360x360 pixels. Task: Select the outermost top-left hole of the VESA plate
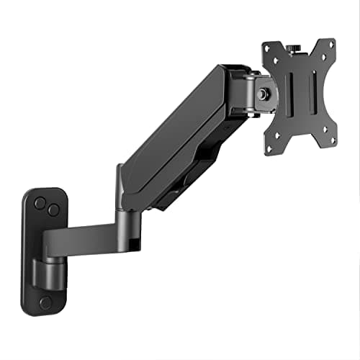pos(266,45)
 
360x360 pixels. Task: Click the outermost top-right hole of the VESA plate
pos(332,42)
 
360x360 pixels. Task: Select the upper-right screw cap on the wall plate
pos(53,210)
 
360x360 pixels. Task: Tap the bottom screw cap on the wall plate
pos(45,302)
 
